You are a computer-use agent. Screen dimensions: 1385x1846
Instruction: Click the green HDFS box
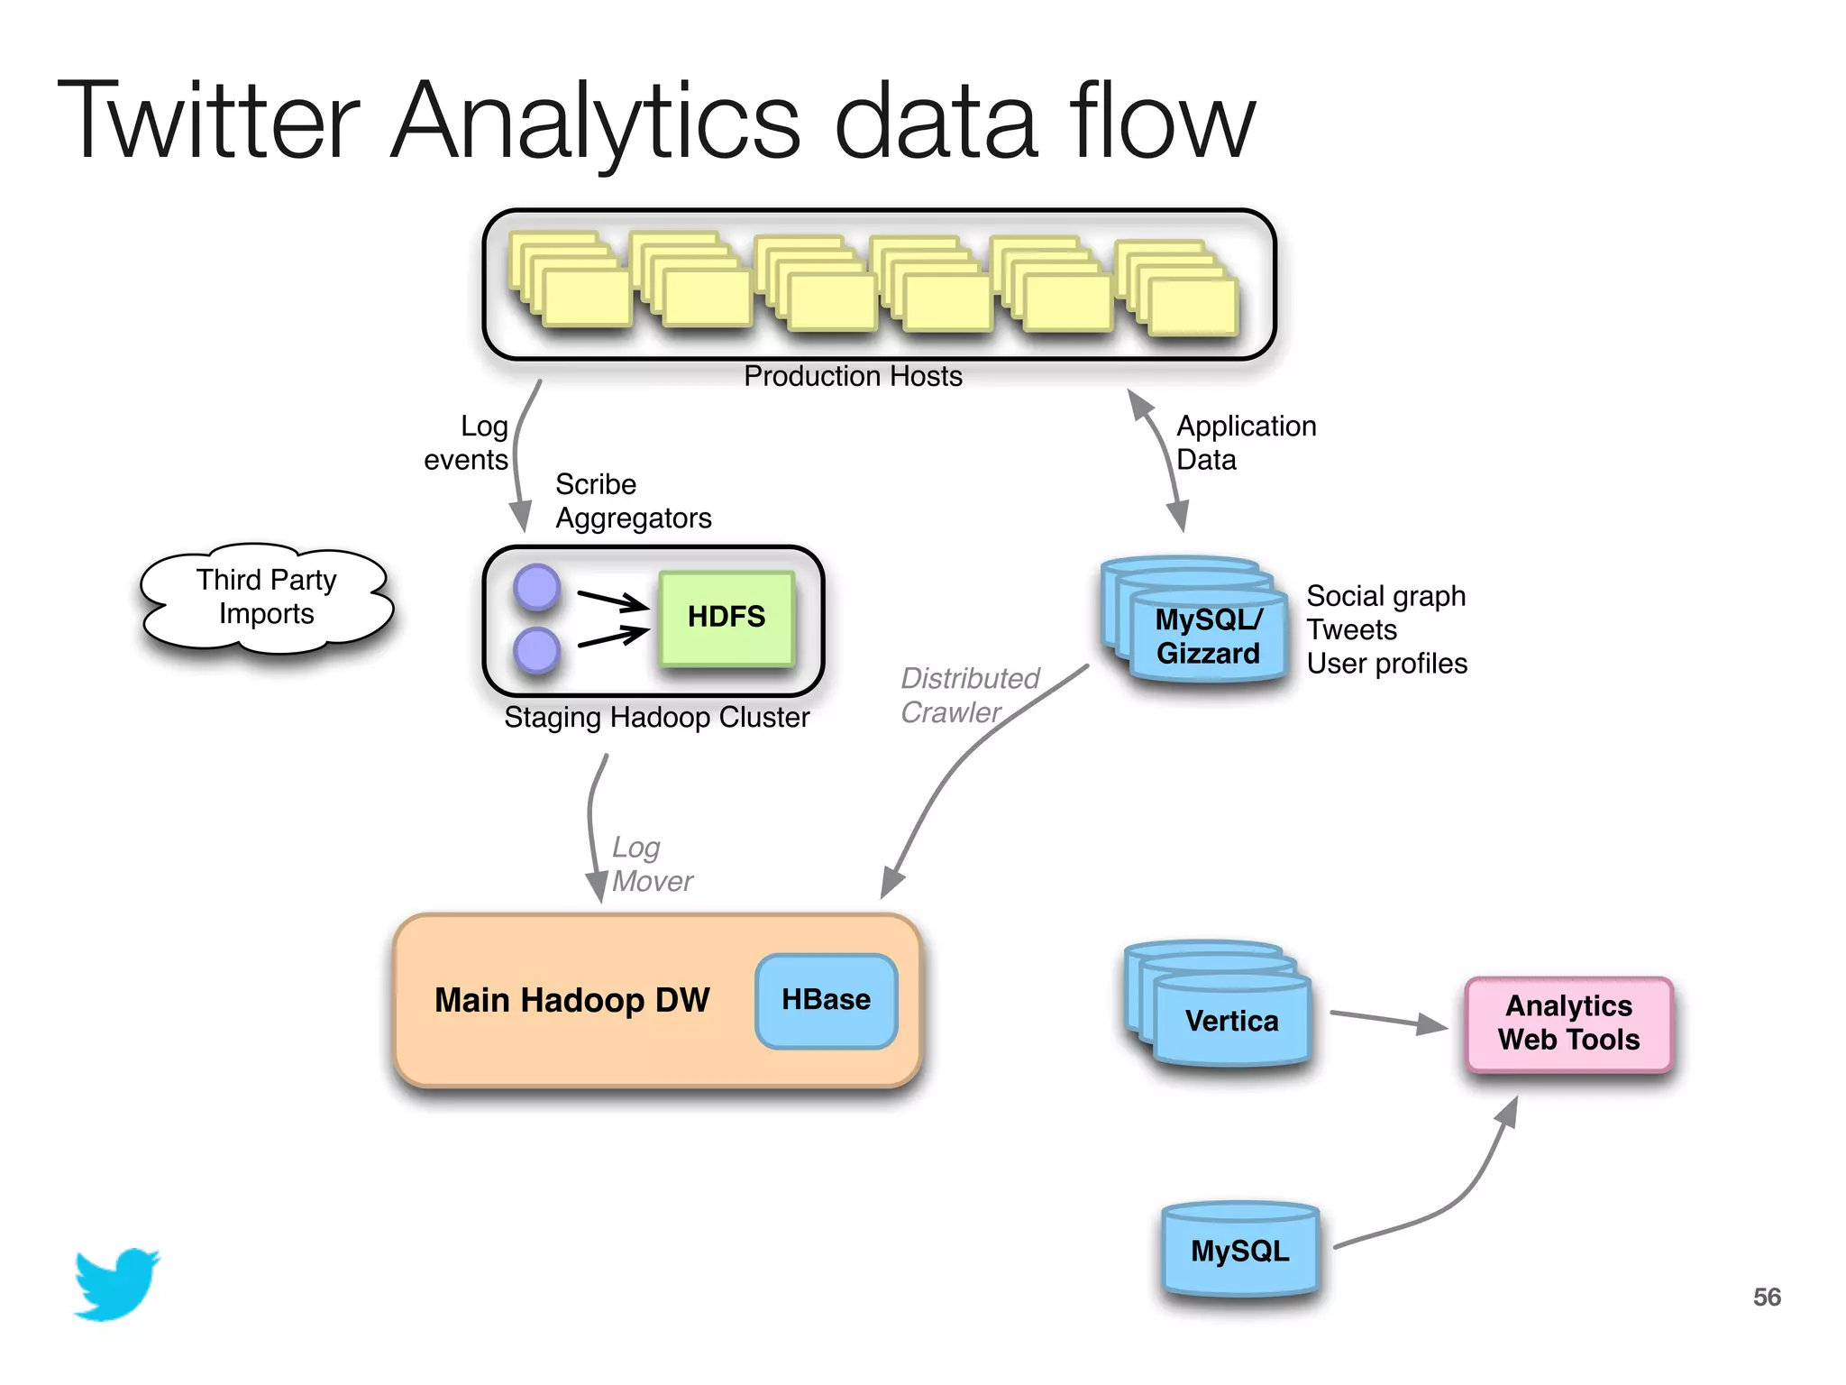pyautogui.click(x=727, y=618)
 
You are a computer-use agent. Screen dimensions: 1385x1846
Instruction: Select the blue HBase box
pyautogui.click(x=826, y=1000)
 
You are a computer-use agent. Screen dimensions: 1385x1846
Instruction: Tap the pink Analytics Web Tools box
pyautogui.click(x=1568, y=1023)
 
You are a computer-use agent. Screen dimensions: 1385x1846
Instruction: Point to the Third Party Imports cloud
pyautogui.click(x=267, y=597)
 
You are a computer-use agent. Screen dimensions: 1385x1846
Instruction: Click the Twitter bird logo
pyautogui.click(x=116, y=1284)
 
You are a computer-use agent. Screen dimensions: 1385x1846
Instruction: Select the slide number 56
pyautogui.click(x=1767, y=1297)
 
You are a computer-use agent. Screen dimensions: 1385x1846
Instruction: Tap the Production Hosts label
pyautogui.click(x=853, y=376)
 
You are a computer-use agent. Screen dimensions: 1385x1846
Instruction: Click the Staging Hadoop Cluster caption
pyautogui.click(x=656, y=718)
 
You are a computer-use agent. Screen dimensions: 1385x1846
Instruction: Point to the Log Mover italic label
pyautogui.click(x=651, y=864)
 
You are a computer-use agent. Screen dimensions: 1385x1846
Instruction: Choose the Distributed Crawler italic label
pyautogui.click(x=969, y=694)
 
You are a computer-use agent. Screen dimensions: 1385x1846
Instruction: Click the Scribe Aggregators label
pyautogui.click(x=633, y=501)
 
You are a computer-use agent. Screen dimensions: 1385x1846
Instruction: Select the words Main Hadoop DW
pyautogui.click(x=571, y=1000)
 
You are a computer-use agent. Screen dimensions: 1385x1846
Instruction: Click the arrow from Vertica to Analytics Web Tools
pyautogui.click(x=1388, y=1019)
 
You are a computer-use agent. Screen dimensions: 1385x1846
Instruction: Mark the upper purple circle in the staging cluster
pyautogui.click(x=537, y=587)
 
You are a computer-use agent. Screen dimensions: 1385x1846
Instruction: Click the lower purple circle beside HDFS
pyautogui.click(x=537, y=651)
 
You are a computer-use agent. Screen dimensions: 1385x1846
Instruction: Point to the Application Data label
pyautogui.click(x=1246, y=443)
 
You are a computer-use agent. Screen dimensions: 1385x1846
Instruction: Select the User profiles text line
pyautogui.click(x=1386, y=664)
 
